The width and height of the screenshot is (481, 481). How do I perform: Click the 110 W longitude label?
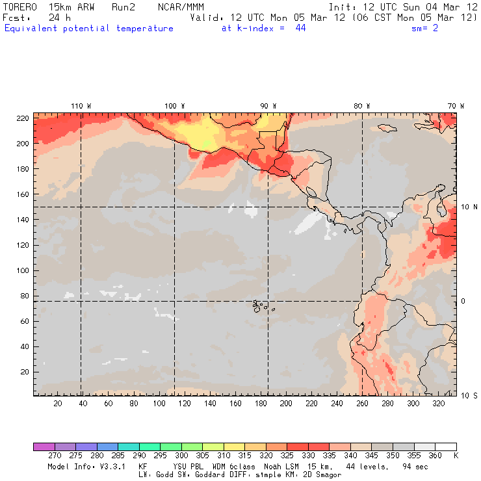click(x=81, y=106)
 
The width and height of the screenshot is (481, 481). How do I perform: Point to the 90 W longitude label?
click(x=268, y=106)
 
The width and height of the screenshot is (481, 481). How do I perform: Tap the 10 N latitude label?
click(x=469, y=207)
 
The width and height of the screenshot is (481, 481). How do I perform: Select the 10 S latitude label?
click(x=469, y=395)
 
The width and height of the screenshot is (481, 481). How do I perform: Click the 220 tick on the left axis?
click(x=22, y=118)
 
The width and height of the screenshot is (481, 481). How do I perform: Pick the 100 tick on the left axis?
click(x=22, y=270)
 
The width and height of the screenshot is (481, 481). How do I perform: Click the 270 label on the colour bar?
click(x=54, y=456)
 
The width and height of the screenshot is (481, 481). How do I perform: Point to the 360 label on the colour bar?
click(x=435, y=456)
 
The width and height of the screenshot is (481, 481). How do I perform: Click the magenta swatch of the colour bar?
click(x=44, y=447)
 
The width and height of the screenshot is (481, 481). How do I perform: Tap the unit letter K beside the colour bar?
click(x=456, y=456)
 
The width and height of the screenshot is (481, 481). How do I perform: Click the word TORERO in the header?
click(x=19, y=6)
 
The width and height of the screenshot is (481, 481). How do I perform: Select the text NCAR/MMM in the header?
click(x=181, y=6)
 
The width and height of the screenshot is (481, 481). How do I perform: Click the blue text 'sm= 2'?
click(x=425, y=28)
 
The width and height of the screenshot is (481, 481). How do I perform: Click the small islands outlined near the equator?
click(x=260, y=305)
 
